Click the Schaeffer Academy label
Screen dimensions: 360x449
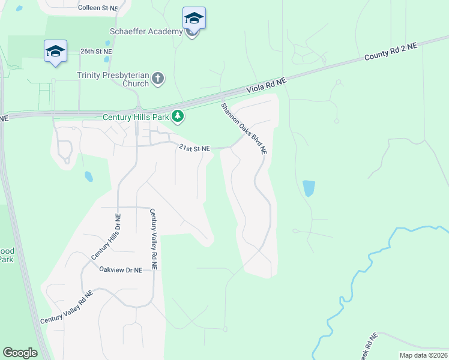click(x=146, y=31)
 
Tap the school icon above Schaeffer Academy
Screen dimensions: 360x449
click(x=194, y=18)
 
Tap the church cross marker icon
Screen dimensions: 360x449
click(x=157, y=79)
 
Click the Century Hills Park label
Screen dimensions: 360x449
click(x=136, y=116)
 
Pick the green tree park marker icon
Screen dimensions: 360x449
click(x=178, y=116)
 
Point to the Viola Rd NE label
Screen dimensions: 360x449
click(x=267, y=87)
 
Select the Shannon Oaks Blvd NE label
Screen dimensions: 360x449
click(x=243, y=129)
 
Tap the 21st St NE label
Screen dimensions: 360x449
click(x=194, y=148)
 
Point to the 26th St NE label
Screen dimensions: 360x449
click(x=96, y=52)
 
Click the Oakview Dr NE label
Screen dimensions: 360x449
click(x=121, y=270)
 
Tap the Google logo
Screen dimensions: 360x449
click(x=20, y=353)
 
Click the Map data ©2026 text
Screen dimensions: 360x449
click(x=423, y=355)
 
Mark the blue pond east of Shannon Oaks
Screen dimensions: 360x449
click(x=309, y=188)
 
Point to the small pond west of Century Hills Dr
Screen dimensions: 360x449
click(x=89, y=176)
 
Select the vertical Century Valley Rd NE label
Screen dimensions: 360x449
click(x=154, y=239)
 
